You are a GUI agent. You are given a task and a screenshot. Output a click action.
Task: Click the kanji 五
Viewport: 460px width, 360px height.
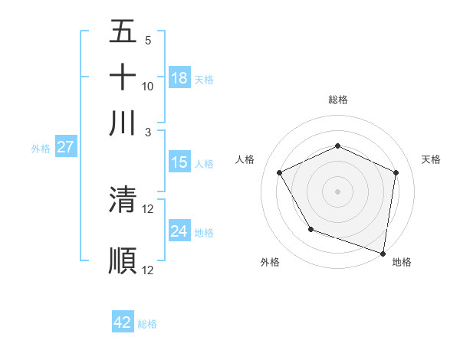tap(123, 31)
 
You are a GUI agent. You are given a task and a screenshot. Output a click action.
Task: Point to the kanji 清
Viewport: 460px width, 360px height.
tap(123, 200)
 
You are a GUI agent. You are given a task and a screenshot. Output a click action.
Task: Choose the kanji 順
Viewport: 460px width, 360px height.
tap(123, 260)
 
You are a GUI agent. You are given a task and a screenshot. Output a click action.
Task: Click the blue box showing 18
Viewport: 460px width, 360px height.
tap(179, 77)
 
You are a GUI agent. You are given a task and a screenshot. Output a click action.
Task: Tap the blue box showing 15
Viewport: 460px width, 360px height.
tap(179, 162)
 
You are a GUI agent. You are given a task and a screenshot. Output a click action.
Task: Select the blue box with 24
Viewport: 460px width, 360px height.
tap(179, 231)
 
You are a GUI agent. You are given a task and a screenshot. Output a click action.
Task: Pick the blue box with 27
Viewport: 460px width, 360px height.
tap(65, 147)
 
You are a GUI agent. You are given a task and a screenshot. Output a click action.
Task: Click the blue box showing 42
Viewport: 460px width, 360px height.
tap(123, 322)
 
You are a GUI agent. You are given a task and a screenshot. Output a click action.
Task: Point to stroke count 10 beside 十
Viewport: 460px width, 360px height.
tap(148, 86)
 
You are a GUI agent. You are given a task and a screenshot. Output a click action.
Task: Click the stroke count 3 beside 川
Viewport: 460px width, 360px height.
tap(148, 132)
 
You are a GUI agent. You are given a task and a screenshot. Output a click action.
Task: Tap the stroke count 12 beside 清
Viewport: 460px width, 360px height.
tap(148, 208)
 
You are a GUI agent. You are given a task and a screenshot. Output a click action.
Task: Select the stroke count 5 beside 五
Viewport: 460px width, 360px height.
tap(148, 41)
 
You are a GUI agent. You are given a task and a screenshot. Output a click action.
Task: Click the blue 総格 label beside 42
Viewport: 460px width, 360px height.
tap(147, 324)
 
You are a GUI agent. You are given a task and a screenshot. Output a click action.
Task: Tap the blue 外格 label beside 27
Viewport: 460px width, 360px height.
tap(40, 149)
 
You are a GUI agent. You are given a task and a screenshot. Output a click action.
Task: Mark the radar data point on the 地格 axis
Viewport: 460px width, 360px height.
tap(383, 252)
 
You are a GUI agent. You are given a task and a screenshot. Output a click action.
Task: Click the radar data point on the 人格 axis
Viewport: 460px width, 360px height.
tap(280, 173)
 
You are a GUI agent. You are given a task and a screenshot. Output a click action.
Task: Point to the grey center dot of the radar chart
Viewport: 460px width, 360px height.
tap(338, 191)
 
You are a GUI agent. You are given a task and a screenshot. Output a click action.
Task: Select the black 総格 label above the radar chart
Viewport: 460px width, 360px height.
tap(338, 100)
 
